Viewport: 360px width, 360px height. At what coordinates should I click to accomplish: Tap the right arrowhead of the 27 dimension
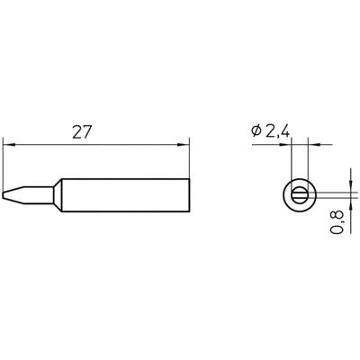(187, 143)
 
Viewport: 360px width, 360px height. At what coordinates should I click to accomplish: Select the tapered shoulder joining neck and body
(56, 194)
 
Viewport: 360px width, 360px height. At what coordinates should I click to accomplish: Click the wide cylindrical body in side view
(126, 194)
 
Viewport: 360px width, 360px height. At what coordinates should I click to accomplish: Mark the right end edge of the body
(191, 194)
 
